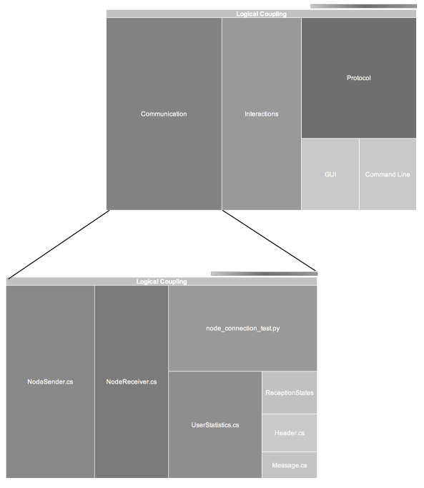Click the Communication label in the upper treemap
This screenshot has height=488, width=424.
(x=164, y=114)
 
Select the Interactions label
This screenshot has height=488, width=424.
(x=262, y=114)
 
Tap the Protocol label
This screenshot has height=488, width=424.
(x=359, y=78)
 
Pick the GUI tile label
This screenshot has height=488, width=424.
(x=330, y=174)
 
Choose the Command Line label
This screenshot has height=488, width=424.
(x=388, y=174)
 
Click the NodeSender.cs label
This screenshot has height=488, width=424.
(x=50, y=382)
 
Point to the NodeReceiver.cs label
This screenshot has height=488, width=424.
(x=132, y=382)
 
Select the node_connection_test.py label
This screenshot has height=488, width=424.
(x=243, y=329)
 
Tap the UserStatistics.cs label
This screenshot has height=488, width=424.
(x=215, y=425)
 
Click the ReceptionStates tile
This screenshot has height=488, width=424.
(x=290, y=392)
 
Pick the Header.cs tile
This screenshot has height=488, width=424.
(x=290, y=433)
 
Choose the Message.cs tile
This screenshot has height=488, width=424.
(x=290, y=465)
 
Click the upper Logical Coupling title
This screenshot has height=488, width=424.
(x=262, y=14)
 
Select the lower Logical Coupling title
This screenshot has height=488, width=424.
(x=162, y=282)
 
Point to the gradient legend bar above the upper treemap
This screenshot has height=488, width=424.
(x=363, y=6)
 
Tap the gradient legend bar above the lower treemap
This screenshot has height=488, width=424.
(x=264, y=274)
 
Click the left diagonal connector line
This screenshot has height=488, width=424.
(x=59, y=244)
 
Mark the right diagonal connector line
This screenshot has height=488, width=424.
(x=269, y=241)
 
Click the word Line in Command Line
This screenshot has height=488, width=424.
(x=404, y=174)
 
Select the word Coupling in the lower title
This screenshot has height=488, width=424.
(x=174, y=282)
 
